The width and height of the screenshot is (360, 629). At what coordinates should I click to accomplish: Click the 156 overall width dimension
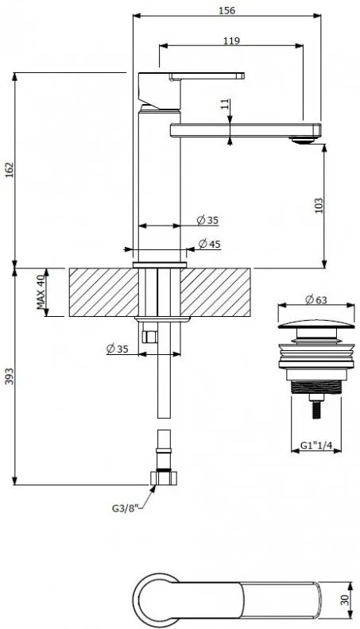pos(226,10)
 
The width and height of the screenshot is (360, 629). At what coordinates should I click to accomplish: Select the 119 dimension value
pos(231,41)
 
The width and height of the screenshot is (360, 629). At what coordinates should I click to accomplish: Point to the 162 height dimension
pos(9,170)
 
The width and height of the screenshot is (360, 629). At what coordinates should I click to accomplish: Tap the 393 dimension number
pos(9,376)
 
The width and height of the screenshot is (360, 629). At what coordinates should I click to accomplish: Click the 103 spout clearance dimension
pos(319,206)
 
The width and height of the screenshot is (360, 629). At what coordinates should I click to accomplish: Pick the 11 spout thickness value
pos(226,104)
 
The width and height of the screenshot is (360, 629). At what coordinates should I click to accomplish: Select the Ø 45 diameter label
pos(209,244)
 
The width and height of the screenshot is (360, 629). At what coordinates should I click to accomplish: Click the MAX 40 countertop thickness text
pos(41,292)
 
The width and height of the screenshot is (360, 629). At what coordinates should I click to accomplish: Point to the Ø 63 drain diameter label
pos(315,299)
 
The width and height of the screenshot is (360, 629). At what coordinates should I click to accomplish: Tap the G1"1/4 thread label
pos(315,446)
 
